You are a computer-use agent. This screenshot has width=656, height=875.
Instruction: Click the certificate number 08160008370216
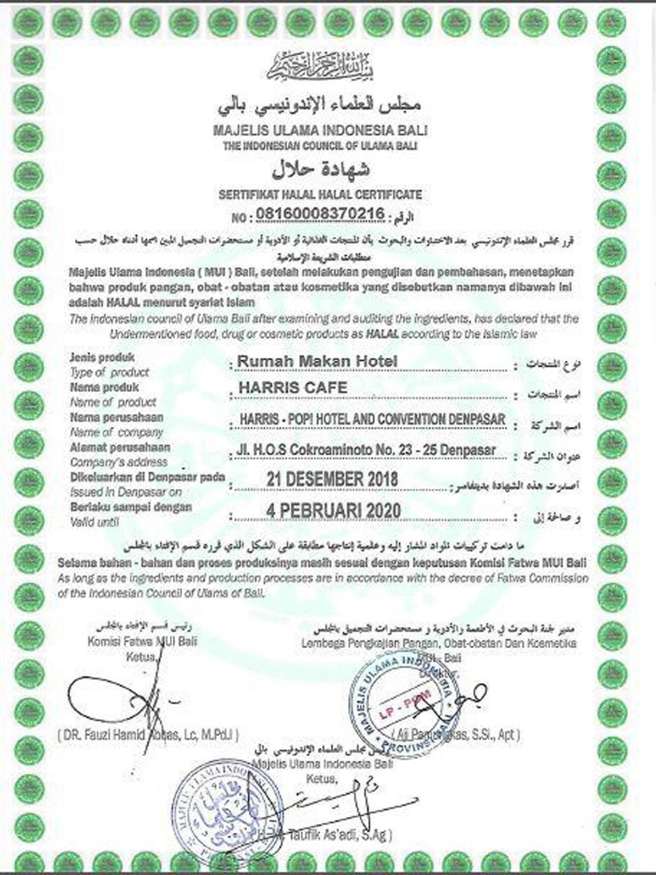point(320,214)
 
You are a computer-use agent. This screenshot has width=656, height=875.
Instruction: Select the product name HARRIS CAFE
point(293,388)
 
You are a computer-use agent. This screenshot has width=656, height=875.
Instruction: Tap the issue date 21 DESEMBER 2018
point(332,479)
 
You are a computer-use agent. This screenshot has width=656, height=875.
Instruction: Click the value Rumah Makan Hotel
point(317,361)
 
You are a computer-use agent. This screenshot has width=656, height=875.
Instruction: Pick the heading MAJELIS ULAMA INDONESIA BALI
point(320,130)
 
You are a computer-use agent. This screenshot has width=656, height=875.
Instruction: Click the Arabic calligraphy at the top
point(320,68)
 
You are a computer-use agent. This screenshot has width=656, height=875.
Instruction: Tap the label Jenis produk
point(102,357)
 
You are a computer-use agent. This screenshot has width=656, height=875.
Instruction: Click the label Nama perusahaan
point(117,417)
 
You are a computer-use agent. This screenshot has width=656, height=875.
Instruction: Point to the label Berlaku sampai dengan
point(131,507)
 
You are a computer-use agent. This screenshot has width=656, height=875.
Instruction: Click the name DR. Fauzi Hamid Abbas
point(148,735)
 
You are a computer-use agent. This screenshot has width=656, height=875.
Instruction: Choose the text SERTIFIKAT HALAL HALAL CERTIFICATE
point(320,195)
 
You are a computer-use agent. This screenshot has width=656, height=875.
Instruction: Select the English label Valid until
point(94,522)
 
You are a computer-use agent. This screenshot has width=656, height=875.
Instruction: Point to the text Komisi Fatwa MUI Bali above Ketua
point(142,642)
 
